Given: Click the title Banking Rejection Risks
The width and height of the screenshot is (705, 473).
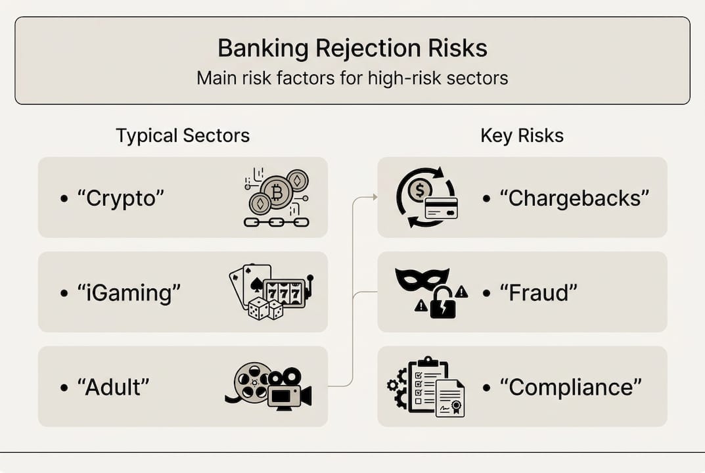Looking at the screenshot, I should (x=352, y=49).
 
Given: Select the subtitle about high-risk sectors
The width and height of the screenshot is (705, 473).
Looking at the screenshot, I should (x=352, y=78).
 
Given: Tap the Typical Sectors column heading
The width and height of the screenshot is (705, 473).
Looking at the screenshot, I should (x=183, y=136).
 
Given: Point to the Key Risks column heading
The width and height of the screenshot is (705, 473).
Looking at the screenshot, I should (x=522, y=136).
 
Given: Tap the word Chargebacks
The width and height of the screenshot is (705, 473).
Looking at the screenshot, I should (x=574, y=198).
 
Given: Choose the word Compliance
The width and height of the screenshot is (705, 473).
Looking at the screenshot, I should (x=570, y=387).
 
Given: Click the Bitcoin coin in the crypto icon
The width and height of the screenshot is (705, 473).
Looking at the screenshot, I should (x=276, y=192).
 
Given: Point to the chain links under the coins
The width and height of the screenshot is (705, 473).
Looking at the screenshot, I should (x=276, y=222).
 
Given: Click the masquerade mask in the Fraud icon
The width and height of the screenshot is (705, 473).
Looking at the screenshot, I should (x=422, y=279).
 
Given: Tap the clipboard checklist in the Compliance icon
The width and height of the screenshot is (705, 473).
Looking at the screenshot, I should (x=426, y=385).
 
